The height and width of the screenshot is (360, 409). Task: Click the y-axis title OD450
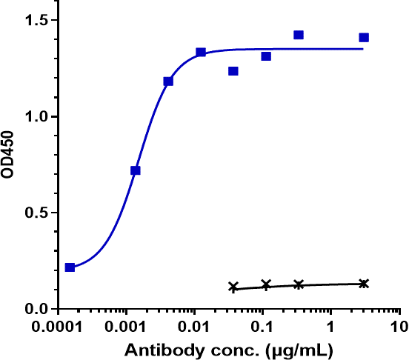[11, 165]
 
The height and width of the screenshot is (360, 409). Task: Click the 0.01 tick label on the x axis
[195, 327]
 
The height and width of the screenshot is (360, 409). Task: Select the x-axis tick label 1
[331, 327]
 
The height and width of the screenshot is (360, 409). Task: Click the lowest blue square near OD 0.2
[70, 267]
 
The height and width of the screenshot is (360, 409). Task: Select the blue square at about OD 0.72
[135, 170]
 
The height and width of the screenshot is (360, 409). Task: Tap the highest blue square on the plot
[299, 35]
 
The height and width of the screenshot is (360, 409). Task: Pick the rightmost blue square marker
[364, 38]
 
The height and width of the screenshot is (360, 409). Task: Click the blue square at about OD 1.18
[168, 81]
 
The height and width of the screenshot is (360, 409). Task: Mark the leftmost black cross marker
[233, 287]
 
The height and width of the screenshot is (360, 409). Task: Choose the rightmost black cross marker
[364, 284]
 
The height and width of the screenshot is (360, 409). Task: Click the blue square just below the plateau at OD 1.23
[233, 71]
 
